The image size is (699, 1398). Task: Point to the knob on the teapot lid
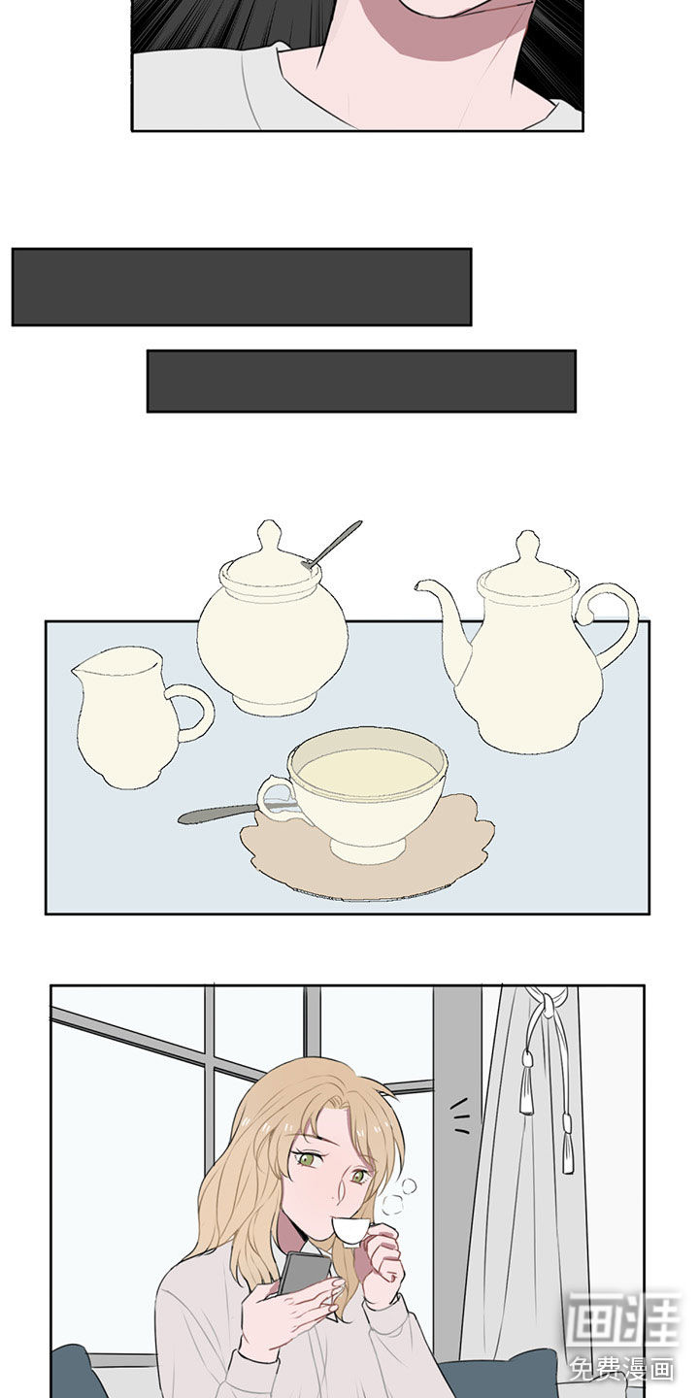click(x=528, y=549)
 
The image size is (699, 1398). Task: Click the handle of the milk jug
click(x=193, y=713)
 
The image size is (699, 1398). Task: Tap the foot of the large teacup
click(x=368, y=851)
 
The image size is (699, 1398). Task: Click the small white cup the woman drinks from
click(x=349, y=1229)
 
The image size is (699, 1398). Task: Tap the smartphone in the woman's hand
click(x=305, y=1272)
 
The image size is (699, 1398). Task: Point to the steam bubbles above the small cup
click(x=399, y=1196)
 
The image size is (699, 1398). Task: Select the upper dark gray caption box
click(x=242, y=287)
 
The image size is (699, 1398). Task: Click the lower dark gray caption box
click(x=361, y=382)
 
